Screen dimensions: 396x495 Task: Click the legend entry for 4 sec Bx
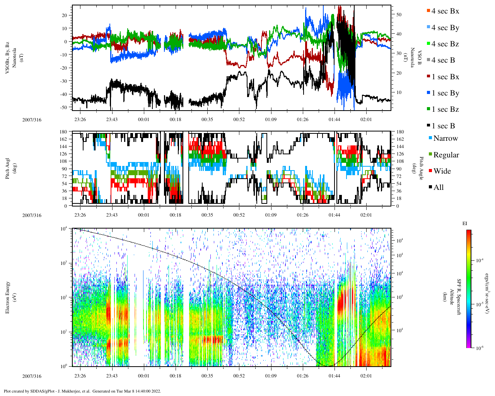pyautogui.click(x=445, y=11)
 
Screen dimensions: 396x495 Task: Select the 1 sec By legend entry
pyautogui.click(x=445, y=93)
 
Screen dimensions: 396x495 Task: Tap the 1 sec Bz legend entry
pyautogui.click(x=445, y=109)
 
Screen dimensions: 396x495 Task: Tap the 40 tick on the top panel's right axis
pyautogui.click(x=398, y=34)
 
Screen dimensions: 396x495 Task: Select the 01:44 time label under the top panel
pyautogui.click(x=335, y=119)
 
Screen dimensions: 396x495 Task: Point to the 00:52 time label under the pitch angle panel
pyautogui.click(x=239, y=215)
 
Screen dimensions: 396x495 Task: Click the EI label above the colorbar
pyautogui.click(x=465, y=224)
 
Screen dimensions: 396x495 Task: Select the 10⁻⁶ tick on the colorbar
pyautogui.click(x=479, y=348)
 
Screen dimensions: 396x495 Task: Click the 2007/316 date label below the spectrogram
pyautogui.click(x=32, y=376)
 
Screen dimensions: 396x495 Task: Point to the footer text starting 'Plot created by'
pyautogui.click(x=82, y=391)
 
